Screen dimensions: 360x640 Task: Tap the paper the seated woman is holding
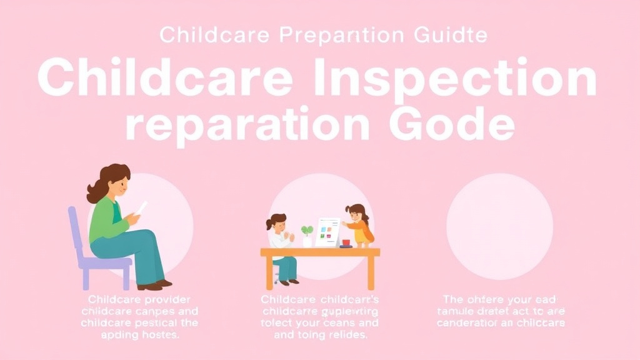point(141,208)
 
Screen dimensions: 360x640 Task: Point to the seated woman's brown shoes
point(154,285)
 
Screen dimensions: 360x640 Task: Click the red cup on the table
point(346,242)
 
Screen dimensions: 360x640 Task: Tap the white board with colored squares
point(327,232)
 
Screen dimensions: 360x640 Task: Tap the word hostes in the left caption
point(157,335)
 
